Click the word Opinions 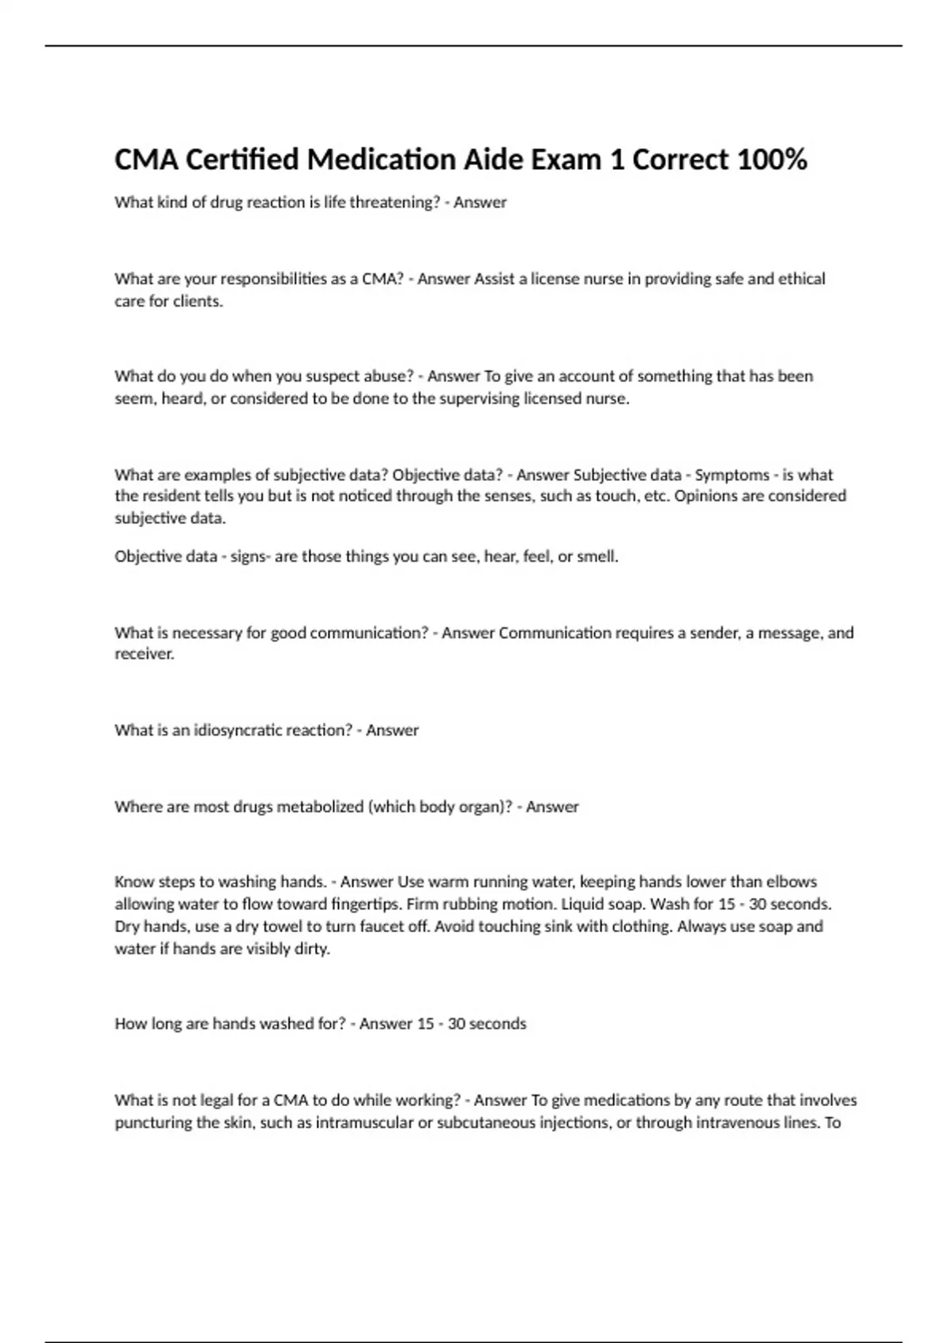[x=705, y=496]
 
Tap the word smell [x=597, y=556]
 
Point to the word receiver [x=144, y=654]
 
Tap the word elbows [x=792, y=882]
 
